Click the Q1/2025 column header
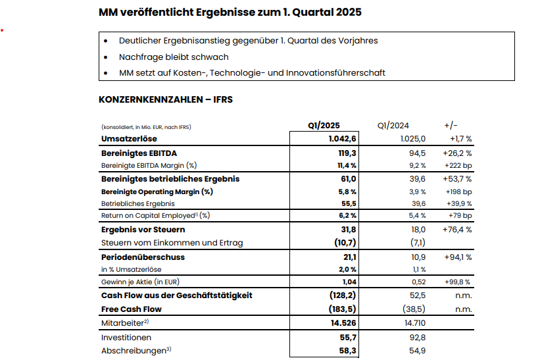(324, 125)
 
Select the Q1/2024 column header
(393, 125)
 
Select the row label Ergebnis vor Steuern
(143, 230)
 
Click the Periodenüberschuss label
(143, 257)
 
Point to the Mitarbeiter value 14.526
(343, 322)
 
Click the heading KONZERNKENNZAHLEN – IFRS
(165, 100)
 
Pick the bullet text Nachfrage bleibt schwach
(174, 57)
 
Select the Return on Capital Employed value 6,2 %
(348, 215)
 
